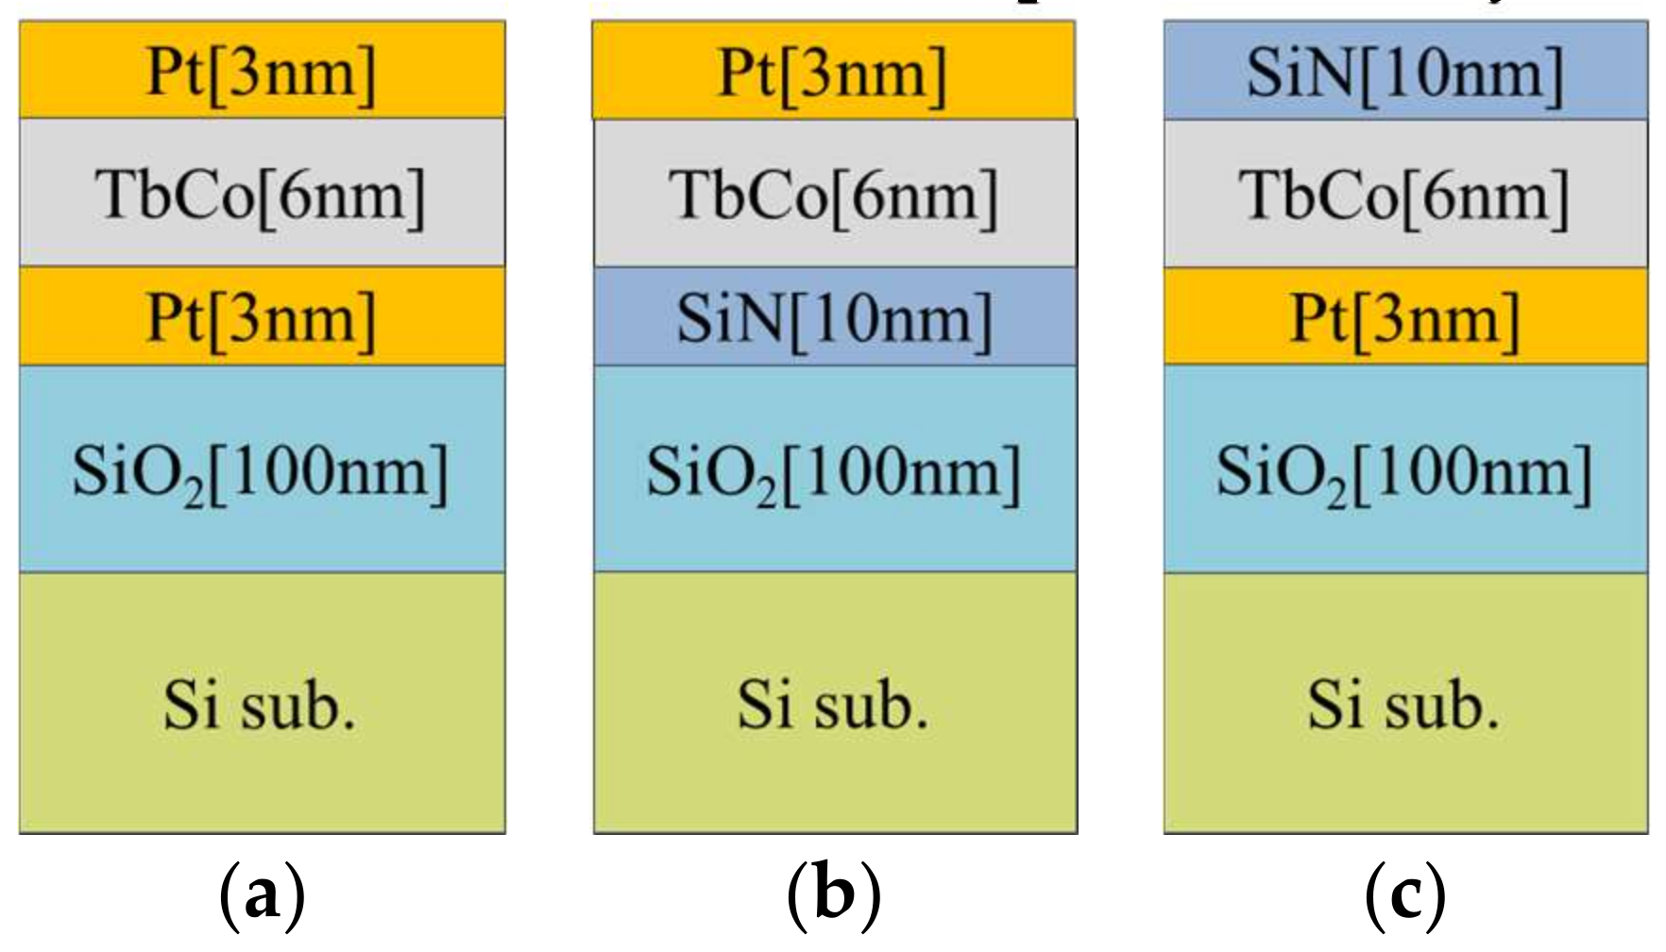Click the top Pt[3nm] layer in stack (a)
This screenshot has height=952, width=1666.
tap(262, 71)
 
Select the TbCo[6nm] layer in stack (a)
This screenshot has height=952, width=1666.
tap(262, 193)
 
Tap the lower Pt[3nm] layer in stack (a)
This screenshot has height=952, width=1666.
tap(262, 316)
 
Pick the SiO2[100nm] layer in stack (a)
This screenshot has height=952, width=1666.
tap(262, 469)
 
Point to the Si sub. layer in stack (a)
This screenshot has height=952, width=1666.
tap(262, 704)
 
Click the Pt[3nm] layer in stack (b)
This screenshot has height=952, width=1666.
tap(833, 71)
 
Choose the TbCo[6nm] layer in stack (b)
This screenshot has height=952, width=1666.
tap(835, 193)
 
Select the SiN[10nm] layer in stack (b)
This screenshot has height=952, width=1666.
tap(835, 316)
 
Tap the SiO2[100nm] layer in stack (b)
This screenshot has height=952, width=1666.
tap(835, 469)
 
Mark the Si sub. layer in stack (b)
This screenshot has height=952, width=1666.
tap(835, 704)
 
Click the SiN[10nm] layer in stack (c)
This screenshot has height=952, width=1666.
tap(1405, 71)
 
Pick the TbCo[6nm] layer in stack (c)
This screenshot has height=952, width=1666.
tap(1405, 193)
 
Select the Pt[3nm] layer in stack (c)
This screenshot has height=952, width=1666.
tap(1405, 316)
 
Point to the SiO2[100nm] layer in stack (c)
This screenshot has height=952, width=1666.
tap(1405, 469)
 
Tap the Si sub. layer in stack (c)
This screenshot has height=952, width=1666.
tap(1405, 704)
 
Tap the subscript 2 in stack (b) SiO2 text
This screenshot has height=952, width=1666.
tap(766, 491)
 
